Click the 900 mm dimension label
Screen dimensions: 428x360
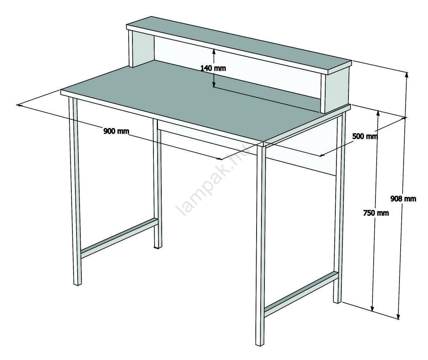116,131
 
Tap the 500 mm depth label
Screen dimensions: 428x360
365,136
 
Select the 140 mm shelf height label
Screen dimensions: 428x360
213,68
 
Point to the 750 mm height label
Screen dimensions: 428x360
376,212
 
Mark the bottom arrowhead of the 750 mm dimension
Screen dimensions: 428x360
372,308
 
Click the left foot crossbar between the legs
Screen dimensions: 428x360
119,238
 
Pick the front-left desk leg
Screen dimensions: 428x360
75,191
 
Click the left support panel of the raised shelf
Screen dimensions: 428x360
141,49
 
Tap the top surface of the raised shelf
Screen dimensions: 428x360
239,44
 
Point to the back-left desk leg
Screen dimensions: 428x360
157,184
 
